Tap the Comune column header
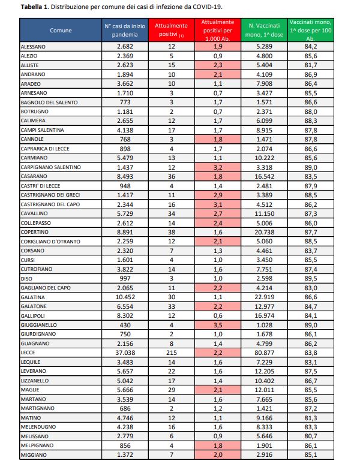click(60, 29)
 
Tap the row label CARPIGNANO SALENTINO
click(50, 166)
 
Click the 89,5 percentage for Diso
click(311, 278)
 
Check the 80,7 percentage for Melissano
click(311, 436)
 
